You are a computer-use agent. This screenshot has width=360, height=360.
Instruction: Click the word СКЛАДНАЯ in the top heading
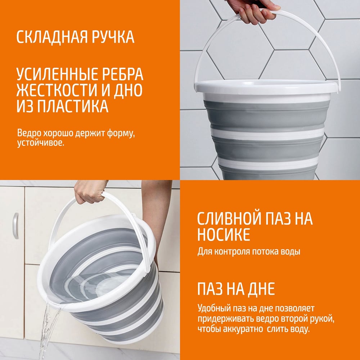(51, 37)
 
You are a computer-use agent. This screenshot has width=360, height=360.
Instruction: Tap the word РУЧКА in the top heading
(113, 37)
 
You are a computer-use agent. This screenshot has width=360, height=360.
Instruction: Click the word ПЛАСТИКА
(73, 106)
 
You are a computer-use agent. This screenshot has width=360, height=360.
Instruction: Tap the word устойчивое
(41, 143)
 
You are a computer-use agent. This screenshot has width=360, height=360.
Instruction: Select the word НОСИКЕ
(224, 235)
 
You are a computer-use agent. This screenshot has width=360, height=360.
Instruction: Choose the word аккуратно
(243, 329)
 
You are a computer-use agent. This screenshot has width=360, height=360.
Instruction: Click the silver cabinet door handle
(15, 226)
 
